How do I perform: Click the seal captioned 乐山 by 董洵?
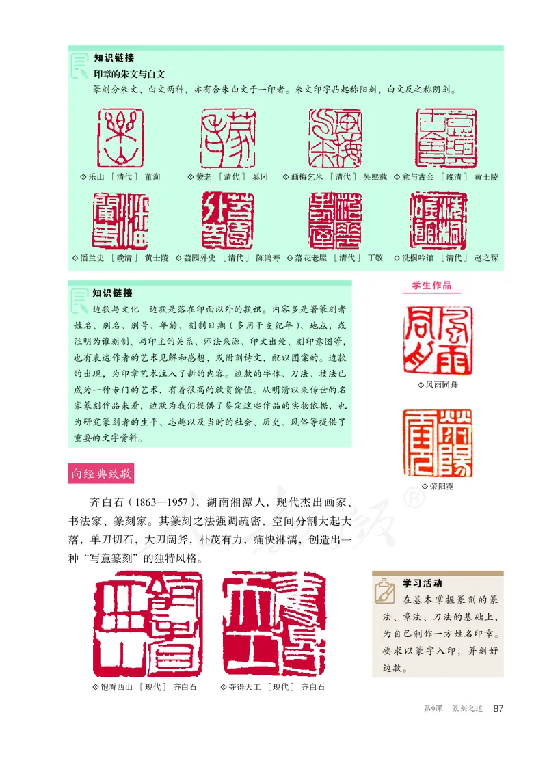122,138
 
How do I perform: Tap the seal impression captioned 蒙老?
228,138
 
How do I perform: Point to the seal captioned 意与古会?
446,137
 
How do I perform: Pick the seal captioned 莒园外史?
228,220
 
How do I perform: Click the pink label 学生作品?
431,286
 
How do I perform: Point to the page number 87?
498,708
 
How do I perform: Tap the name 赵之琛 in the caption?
486,258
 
